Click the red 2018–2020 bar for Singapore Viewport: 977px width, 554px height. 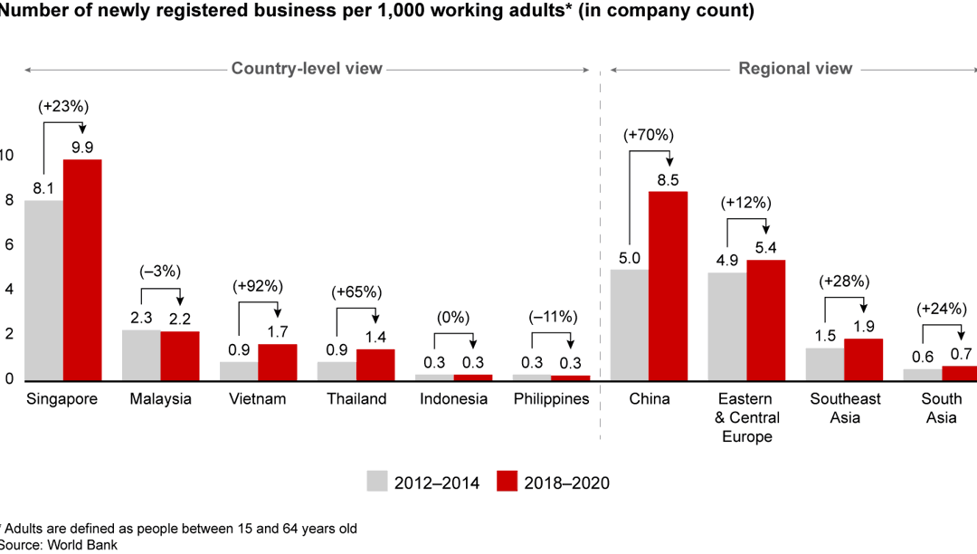tap(82, 270)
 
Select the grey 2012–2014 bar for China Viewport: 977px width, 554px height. tap(630, 325)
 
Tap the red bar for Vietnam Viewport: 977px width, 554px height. tap(277, 362)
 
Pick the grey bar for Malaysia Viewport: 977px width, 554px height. tap(141, 355)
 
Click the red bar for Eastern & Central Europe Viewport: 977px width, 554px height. tap(765, 320)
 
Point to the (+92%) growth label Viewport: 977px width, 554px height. tap(258, 286)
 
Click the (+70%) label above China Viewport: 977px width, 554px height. tap(649, 135)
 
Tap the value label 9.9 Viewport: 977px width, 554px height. tap(82, 147)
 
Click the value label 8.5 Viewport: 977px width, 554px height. tap(668, 178)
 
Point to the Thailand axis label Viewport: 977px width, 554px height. tap(356, 399)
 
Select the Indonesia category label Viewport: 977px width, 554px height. tap(453, 399)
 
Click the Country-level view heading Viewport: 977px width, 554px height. tap(307, 69)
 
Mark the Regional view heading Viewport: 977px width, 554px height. tap(795, 69)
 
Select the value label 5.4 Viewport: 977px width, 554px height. tap(765, 247)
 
